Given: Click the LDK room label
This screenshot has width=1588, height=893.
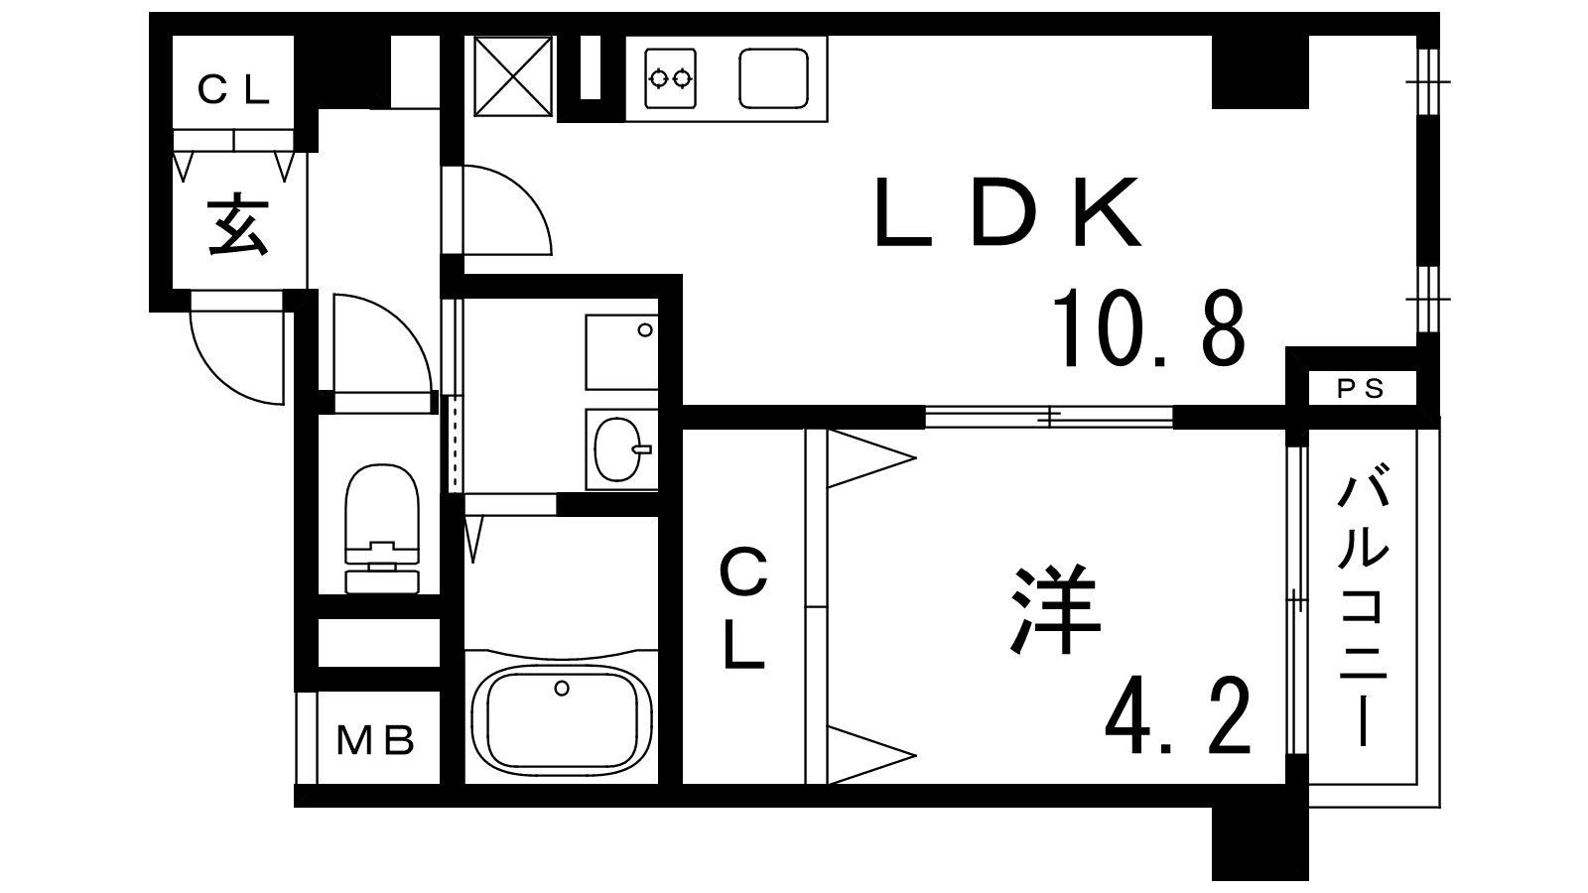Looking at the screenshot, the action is (1008, 211).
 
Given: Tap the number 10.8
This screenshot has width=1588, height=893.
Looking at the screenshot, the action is (1149, 328).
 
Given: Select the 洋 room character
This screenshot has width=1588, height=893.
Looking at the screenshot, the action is (1055, 609).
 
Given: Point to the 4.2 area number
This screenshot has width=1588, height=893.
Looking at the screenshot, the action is (1177, 715).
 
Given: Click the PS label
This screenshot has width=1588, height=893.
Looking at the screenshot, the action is (1361, 388).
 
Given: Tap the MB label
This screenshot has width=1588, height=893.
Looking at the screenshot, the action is (375, 740).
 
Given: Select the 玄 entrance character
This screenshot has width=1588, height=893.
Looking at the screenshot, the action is (237, 224).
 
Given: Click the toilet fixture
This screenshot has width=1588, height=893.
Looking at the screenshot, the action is (381, 528).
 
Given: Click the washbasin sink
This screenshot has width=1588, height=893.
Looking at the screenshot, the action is (621, 449).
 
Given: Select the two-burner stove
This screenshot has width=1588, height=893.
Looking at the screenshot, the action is (670, 78).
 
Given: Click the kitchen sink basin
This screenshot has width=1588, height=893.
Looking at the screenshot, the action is (773, 78).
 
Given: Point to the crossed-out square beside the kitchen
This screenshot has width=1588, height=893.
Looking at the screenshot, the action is (512, 75).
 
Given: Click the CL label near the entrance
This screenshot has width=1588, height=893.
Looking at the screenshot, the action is (234, 90).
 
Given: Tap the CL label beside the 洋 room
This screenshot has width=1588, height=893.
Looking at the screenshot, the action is (743, 607).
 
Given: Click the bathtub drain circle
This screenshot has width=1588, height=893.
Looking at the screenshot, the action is (562, 689).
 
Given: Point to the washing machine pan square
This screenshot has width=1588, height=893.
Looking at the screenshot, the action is (621, 352).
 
